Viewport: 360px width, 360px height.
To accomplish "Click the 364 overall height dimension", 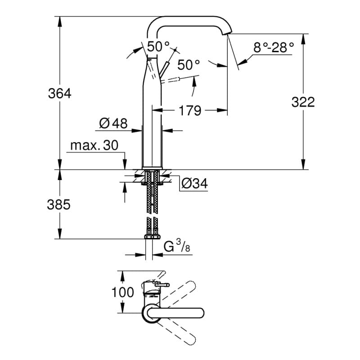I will pos(60,94).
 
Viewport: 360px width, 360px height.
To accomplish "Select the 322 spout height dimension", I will pos(303,102).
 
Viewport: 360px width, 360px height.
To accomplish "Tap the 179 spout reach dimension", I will pos(189,110).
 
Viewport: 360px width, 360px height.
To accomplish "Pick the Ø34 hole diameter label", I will pos(194,183).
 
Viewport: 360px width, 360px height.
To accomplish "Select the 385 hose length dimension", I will pos(59,205).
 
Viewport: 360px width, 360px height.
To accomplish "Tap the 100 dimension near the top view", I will pos(122,292).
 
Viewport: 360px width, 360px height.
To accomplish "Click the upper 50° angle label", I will pos(158,46).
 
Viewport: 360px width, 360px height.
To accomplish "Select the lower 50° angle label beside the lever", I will pos(188,65).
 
